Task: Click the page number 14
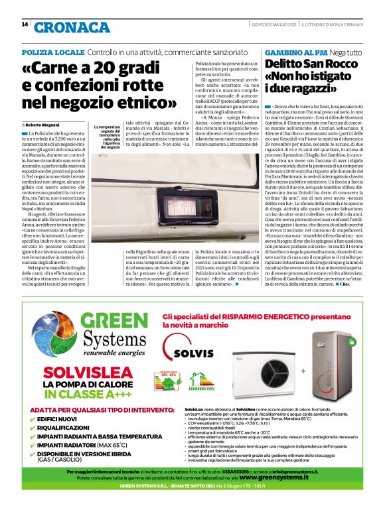point(25,25)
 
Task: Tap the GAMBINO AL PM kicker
point(295,52)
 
